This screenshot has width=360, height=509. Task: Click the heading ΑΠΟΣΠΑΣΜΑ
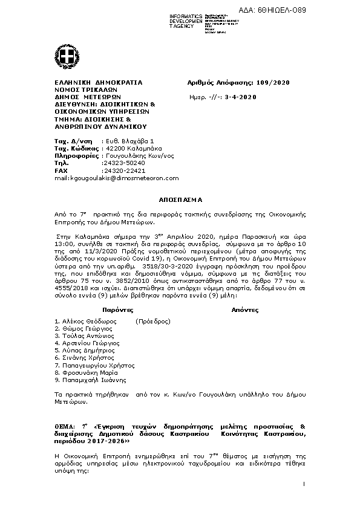181,199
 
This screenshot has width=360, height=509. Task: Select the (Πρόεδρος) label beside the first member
153,321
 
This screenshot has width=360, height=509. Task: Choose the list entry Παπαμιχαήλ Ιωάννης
93,380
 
